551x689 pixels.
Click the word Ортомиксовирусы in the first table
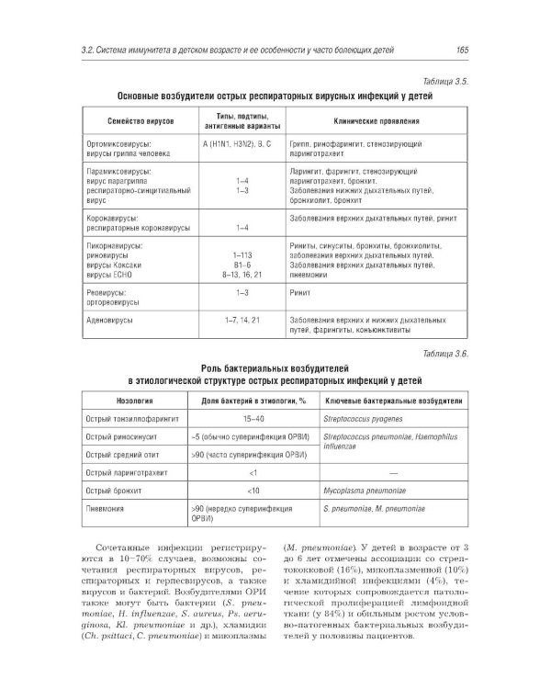pyautogui.click(x=118, y=145)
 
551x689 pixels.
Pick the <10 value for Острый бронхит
pyautogui.click(x=251, y=491)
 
